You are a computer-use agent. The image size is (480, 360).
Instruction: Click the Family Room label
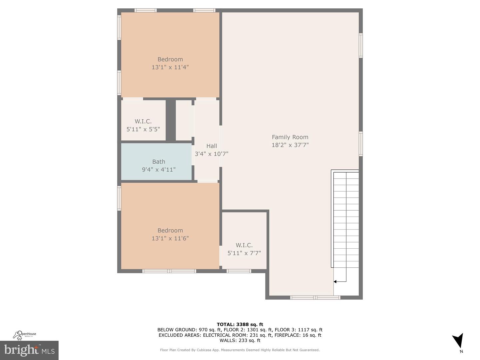coord(290,137)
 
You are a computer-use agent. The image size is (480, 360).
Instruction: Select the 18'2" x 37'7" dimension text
coord(290,145)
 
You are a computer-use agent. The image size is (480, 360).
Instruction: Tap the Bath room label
coord(159,162)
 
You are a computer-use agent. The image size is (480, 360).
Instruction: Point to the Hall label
coord(212,146)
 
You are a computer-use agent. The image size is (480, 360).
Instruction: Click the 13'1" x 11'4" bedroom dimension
coord(170,67)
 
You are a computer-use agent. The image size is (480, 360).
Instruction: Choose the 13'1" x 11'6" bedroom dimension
coord(170,238)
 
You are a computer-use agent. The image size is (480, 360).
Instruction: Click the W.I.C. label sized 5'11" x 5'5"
coord(143,121)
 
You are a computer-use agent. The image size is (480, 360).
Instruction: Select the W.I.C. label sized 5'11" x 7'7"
coord(244,245)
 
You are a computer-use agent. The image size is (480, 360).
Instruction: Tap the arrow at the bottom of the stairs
coord(335,282)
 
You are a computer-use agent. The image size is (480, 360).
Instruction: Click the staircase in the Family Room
coord(346,220)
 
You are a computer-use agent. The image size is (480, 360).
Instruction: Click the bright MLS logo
coord(29,350)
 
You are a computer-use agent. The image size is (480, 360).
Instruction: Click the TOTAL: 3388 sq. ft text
coord(240,324)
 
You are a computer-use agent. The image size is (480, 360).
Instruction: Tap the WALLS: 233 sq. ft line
coord(240,340)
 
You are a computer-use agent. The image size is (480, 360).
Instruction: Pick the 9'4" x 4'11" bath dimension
coord(159,170)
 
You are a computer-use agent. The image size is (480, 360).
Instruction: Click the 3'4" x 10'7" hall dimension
coord(212,154)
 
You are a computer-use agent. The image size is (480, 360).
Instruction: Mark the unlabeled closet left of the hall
coord(184,120)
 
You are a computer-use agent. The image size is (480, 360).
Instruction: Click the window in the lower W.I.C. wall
coord(239,271)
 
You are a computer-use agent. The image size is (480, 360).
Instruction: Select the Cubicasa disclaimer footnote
coord(240,350)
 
